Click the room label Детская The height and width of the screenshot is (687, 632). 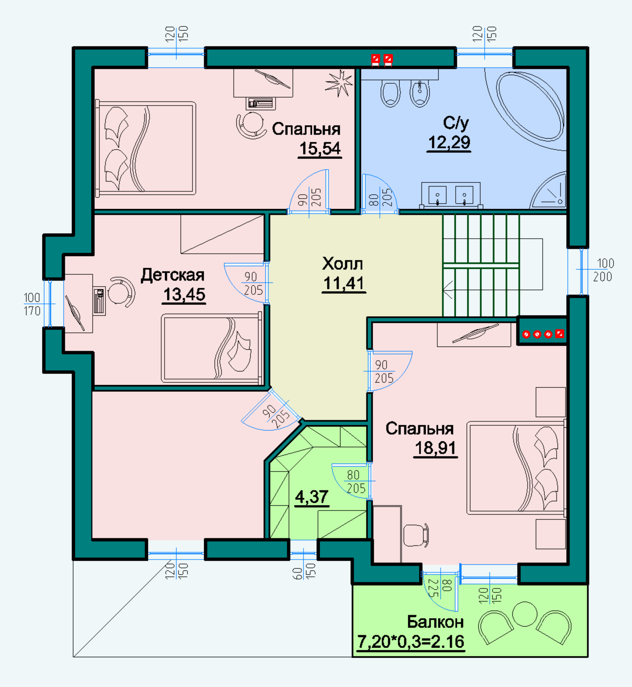(172, 275)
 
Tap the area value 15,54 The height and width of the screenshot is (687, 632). (320, 149)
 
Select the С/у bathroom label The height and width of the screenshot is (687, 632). (456, 123)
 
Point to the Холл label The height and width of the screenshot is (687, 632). (342, 264)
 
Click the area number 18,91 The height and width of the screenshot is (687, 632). (435, 448)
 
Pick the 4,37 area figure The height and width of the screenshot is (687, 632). (312, 497)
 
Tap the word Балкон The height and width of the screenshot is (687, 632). (435, 622)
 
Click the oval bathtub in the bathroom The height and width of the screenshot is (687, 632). (529, 106)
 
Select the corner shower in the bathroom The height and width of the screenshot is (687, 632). (548, 190)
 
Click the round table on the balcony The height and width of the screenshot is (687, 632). (525, 614)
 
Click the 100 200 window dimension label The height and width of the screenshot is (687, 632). (603, 270)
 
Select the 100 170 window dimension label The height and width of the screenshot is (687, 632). (32, 304)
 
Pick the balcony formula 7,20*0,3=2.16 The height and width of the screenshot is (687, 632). (411, 642)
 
